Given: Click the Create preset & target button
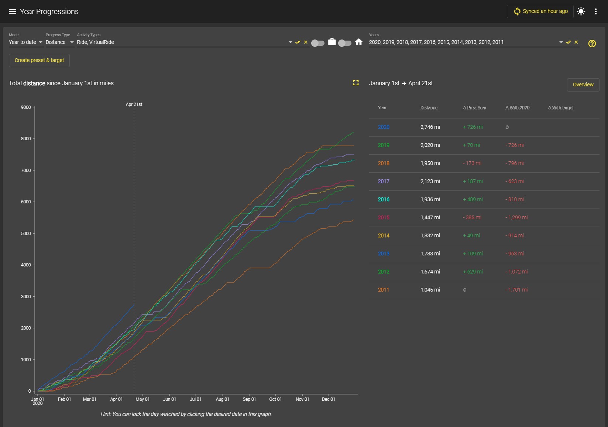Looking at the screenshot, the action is click(x=39, y=60).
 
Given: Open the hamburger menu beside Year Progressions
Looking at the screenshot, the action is click(x=13, y=11).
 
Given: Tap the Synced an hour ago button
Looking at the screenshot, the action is click(x=540, y=11).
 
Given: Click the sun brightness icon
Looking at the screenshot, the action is click(x=581, y=11).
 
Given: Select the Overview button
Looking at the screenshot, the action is click(x=583, y=85).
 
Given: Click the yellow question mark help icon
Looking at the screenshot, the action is click(x=592, y=44).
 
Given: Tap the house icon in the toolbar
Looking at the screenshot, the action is click(x=359, y=42).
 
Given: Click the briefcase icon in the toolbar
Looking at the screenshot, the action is click(x=332, y=42).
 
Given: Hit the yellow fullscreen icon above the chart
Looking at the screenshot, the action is click(x=356, y=83).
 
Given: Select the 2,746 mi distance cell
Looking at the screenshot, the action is click(x=430, y=127).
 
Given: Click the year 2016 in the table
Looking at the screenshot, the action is click(x=384, y=199).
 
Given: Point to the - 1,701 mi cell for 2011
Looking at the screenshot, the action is click(x=516, y=290).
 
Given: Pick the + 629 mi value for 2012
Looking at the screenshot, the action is click(x=473, y=272).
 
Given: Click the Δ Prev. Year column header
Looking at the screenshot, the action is click(x=474, y=108).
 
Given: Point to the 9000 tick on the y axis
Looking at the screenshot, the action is click(x=26, y=107).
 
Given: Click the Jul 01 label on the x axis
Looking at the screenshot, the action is click(x=195, y=399).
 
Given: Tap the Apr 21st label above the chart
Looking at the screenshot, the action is click(x=134, y=104).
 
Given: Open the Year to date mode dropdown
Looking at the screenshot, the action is click(x=26, y=42).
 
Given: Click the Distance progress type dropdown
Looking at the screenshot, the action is click(x=60, y=42).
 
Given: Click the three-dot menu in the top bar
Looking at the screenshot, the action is click(x=596, y=11).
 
